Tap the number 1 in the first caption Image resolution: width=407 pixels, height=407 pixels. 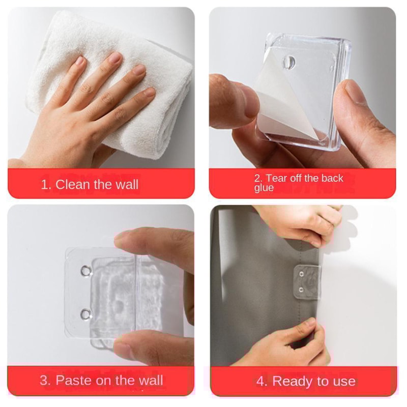(x=44, y=184)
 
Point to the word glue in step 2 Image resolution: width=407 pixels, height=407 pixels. (x=264, y=188)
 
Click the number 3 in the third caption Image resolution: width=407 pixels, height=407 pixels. (x=44, y=380)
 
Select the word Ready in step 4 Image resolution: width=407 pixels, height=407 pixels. (x=293, y=381)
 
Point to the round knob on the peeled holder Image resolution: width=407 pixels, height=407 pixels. (x=288, y=62)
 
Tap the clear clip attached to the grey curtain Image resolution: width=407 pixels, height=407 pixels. (x=307, y=281)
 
